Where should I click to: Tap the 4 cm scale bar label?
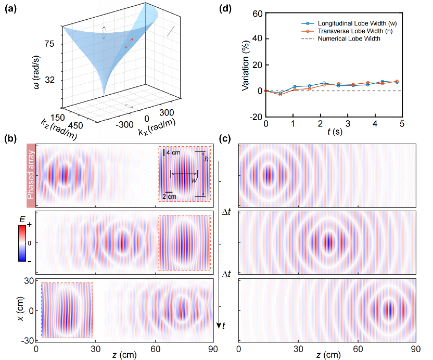click(x=173, y=152)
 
